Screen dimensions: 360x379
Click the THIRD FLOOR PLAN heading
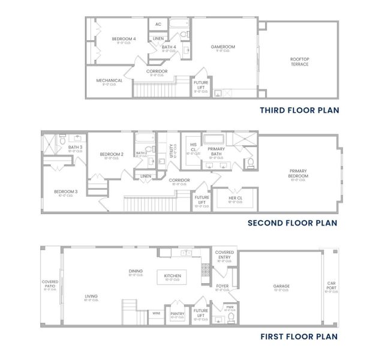click(x=300, y=110)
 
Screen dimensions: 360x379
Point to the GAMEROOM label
click(x=222, y=47)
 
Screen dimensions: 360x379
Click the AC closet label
click(x=158, y=25)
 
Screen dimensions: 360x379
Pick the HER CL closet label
click(x=235, y=199)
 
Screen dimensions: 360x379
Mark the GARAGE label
click(x=281, y=287)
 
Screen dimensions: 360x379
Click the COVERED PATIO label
click(x=49, y=284)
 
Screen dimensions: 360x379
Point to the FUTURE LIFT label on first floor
click(x=200, y=313)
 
